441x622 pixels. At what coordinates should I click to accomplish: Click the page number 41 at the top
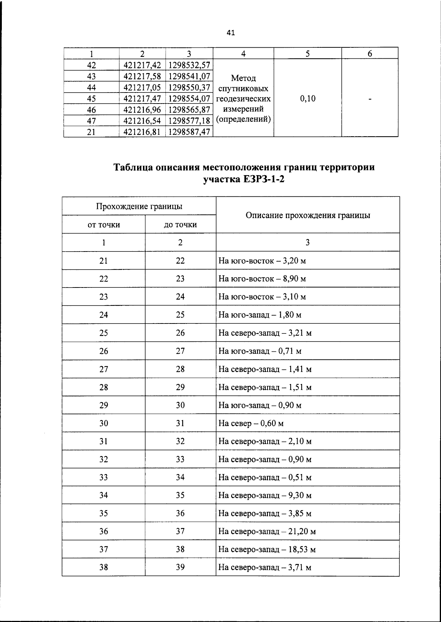pos(231,33)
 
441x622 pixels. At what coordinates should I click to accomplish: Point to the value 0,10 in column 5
pos(308,98)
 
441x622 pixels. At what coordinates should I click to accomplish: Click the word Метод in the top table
pos(243,78)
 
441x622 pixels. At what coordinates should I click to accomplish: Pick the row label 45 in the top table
pos(91,99)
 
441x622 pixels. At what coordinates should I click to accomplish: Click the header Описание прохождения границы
pos(308,215)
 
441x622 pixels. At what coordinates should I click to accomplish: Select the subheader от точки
pos(104,225)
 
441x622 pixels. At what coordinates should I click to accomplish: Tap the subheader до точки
pos(180,225)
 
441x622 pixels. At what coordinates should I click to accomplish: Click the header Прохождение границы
pos(139,206)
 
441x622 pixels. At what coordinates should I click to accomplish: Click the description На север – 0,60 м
pos(251,423)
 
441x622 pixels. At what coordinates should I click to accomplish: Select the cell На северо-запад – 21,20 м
pos(267,531)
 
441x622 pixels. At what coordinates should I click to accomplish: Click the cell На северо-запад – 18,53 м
pos(267,549)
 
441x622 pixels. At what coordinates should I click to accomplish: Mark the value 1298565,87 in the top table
pos(189,110)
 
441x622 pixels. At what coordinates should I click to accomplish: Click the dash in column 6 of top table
pos(370,98)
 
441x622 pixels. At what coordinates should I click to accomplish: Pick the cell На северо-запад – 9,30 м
pos(265,495)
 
